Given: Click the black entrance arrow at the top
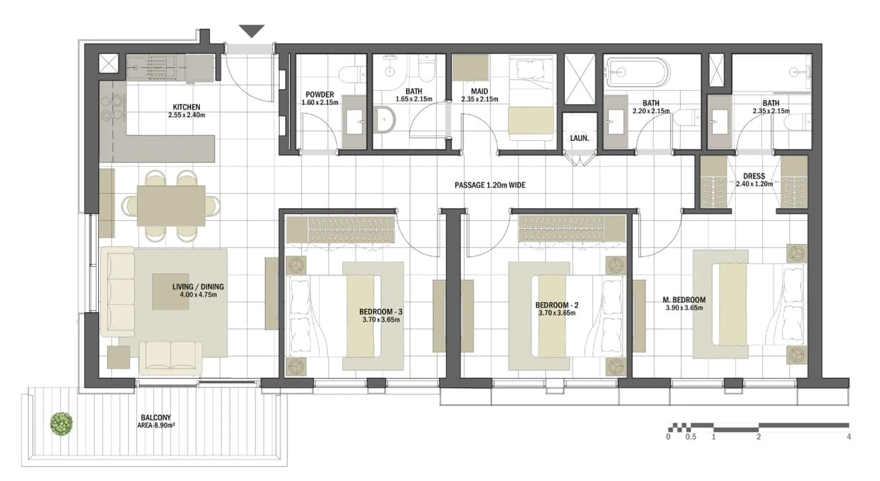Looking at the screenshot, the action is tap(252, 30).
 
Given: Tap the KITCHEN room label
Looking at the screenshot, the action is tap(186, 107).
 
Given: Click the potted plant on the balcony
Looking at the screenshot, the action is tap(62, 423).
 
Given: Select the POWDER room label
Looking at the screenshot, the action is tap(320, 95).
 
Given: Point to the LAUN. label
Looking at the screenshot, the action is tap(579, 138).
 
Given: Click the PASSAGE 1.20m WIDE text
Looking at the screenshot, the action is tap(490, 185).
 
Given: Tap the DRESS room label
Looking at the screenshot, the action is tap(754, 176).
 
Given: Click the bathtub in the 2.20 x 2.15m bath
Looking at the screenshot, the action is tap(637, 72).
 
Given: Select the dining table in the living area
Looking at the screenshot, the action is tap(171, 206).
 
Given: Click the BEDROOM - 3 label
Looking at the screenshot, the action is tap(381, 312).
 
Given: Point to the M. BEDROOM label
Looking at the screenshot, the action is tap(684, 300).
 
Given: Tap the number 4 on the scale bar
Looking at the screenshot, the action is tap(849, 436).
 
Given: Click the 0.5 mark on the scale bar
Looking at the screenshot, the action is tap(690, 436).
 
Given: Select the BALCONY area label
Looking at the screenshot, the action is tap(156, 418).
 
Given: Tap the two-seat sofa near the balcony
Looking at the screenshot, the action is tap(171, 358).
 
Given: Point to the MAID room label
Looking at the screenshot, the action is tap(479, 91).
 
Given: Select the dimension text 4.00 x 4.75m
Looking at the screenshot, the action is tap(198, 295).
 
